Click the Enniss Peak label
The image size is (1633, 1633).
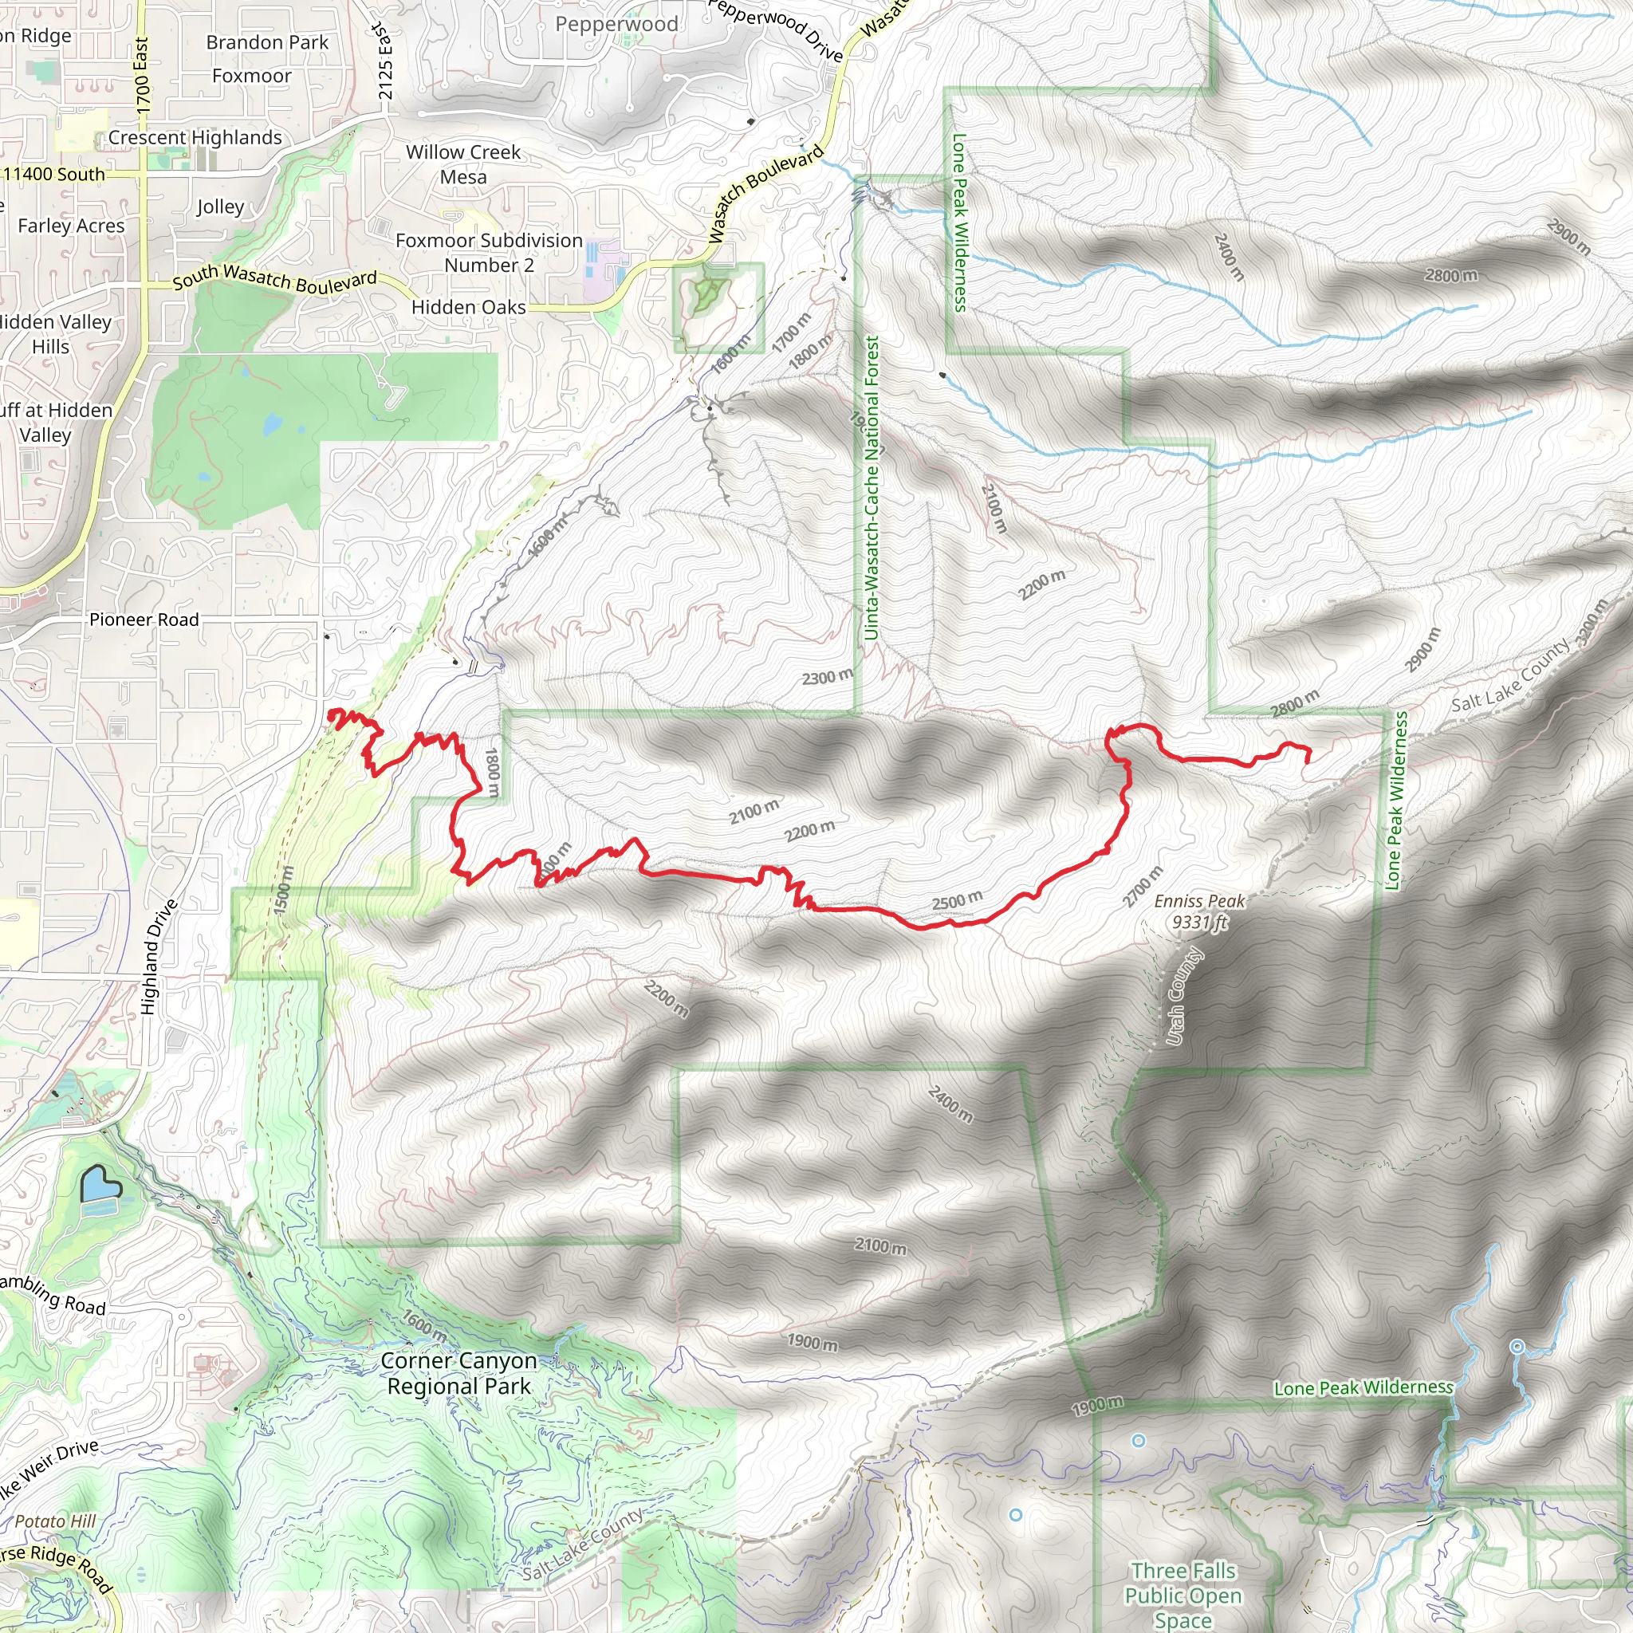click(1199, 911)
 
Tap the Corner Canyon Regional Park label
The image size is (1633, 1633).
click(459, 1374)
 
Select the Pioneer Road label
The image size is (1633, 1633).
click(144, 620)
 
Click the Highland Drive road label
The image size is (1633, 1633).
click(159, 957)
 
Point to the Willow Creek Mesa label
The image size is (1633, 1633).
click(463, 164)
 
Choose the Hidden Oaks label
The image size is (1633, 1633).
click(468, 307)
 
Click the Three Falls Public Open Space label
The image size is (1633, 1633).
click(1182, 1595)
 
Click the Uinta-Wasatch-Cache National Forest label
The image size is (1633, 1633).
click(872, 488)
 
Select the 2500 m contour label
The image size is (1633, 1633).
click(957, 900)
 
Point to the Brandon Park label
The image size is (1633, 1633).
click(267, 42)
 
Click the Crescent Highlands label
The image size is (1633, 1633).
click(195, 137)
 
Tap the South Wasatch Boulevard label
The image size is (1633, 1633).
click(275, 278)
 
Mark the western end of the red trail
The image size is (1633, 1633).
click(329, 714)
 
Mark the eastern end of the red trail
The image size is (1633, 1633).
click(1308, 761)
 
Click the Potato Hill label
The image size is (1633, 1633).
click(55, 1521)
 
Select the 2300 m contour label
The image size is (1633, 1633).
click(827, 677)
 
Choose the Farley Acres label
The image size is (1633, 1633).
click(71, 226)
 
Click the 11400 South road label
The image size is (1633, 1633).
click(55, 174)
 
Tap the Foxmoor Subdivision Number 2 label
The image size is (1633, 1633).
click(490, 253)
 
